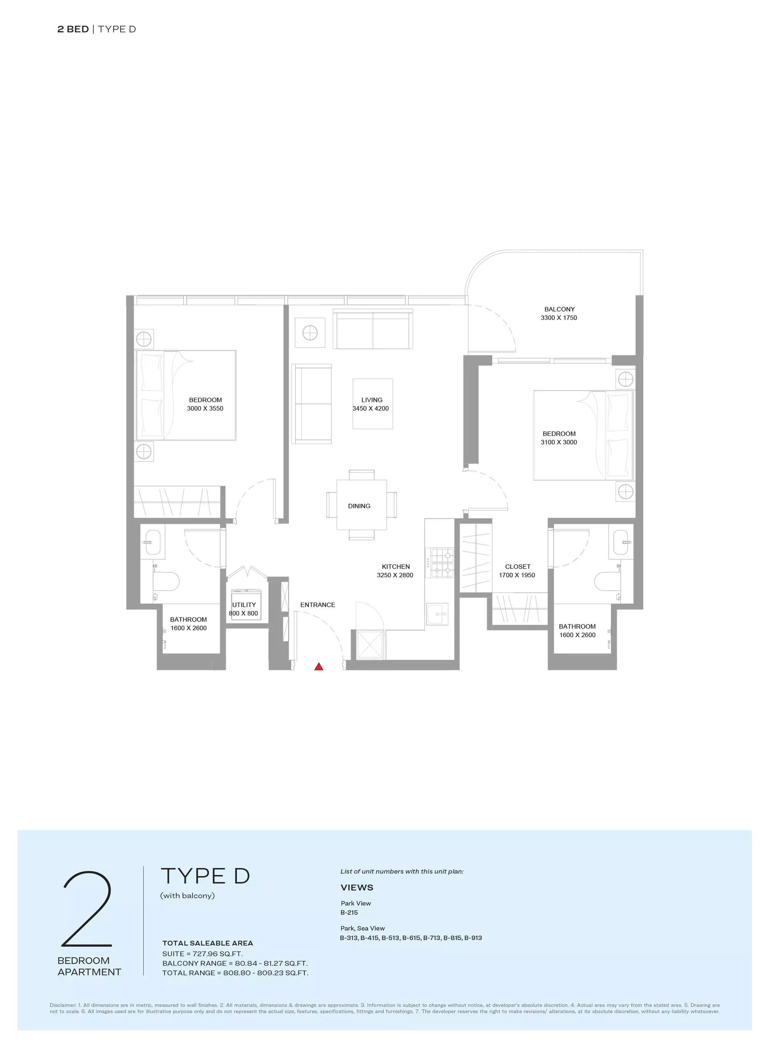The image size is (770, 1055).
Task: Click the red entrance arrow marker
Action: click(x=319, y=666)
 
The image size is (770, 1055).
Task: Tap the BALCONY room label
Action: click(x=559, y=309)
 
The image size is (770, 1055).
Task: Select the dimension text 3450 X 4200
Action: click(x=370, y=409)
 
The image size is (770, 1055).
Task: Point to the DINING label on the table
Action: click(x=359, y=506)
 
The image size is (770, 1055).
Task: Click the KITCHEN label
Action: click(x=396, y=566)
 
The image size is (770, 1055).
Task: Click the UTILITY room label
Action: click(x=244, y=605)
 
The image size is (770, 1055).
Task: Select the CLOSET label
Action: click(x=517, y=566)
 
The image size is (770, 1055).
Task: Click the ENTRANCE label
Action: click(x=317, y=605)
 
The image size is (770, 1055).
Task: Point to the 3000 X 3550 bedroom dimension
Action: click(x=205, y=409)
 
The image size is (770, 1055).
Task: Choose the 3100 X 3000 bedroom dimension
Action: click(x=559, y=442)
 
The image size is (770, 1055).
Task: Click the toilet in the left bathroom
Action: click(x=167, y=581)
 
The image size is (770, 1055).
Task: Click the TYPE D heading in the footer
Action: click(x=205, y=876)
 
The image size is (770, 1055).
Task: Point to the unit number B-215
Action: click(x=349, y=913)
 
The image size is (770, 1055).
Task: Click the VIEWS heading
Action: click(x=357, y=888)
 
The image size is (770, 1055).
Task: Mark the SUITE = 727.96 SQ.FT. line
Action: click(x=202, y=954)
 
